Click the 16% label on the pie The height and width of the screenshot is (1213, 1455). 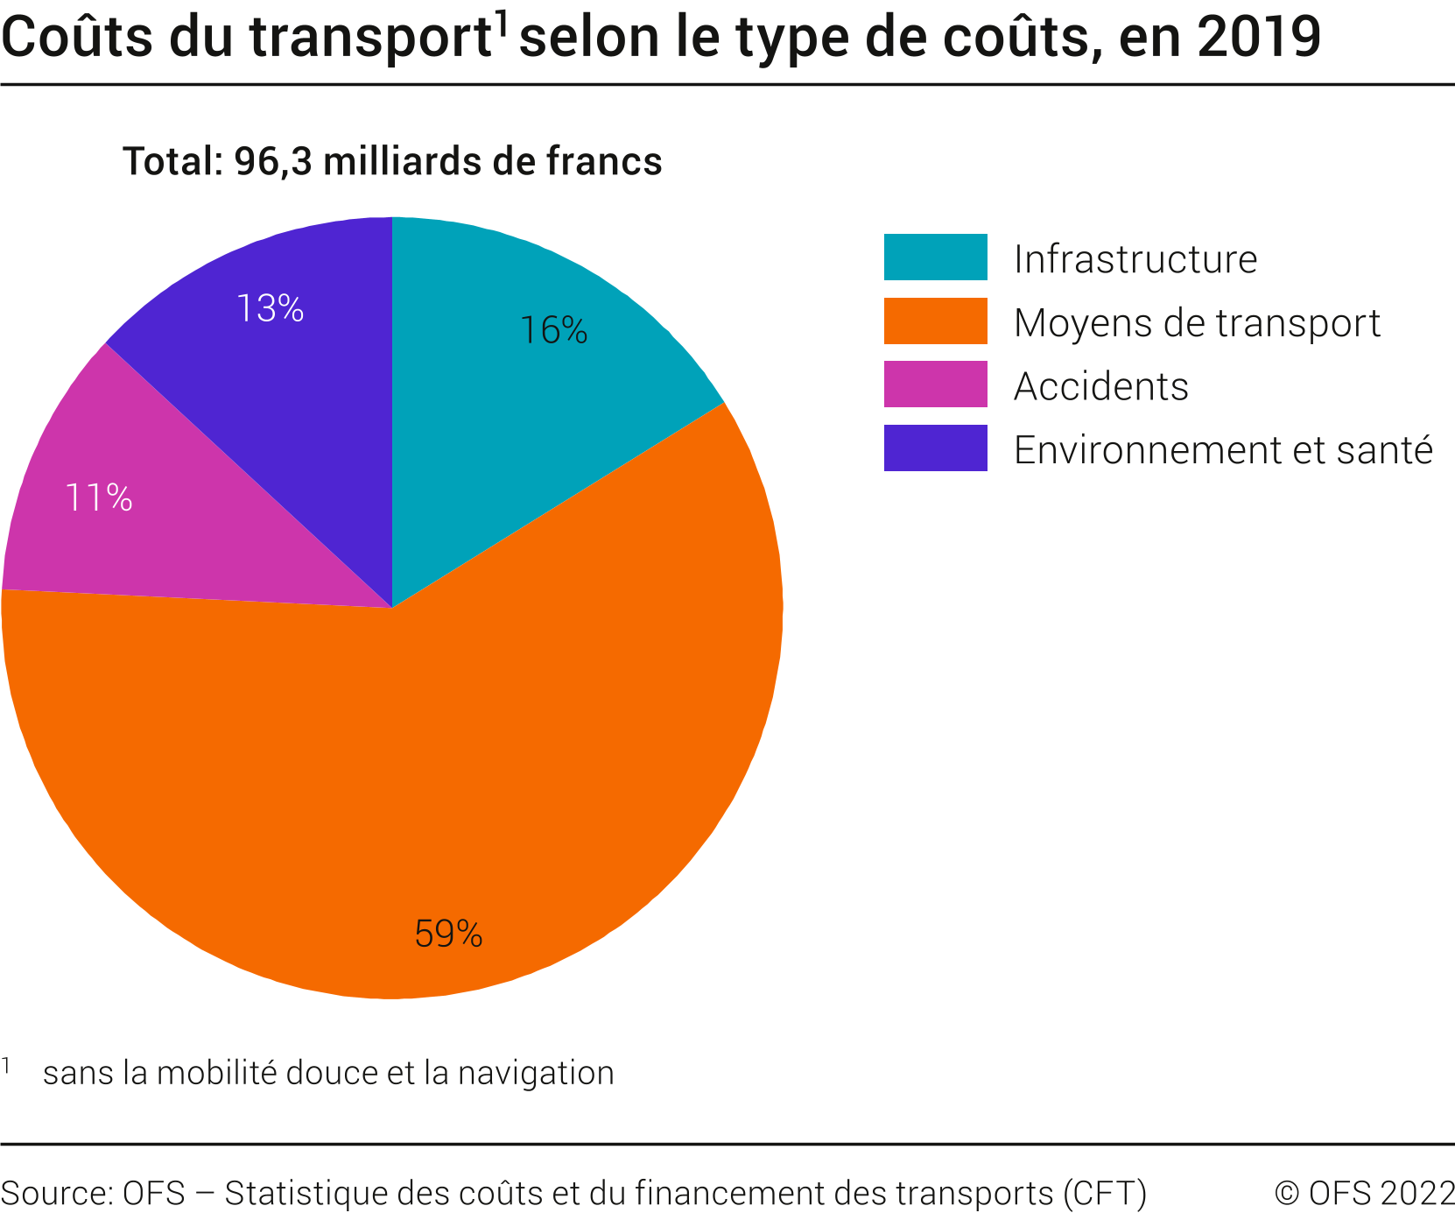tap(553, 330)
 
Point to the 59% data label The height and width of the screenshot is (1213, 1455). tap(448, 934)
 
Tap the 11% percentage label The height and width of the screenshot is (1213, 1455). tap(99, 498)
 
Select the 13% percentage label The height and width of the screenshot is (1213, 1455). tap(271, 308)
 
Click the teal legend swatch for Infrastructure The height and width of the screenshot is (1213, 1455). tap(935, 257)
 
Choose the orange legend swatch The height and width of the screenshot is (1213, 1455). tap(935, 321)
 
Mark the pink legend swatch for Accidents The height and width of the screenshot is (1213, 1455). tap(935, 384)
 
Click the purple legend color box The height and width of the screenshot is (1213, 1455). tap(935, 448)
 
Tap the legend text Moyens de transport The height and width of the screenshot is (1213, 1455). tap(1196, 322)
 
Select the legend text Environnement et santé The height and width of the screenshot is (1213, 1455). tap(1222, 450)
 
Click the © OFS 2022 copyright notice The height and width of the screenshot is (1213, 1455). tap(1364, 1193)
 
